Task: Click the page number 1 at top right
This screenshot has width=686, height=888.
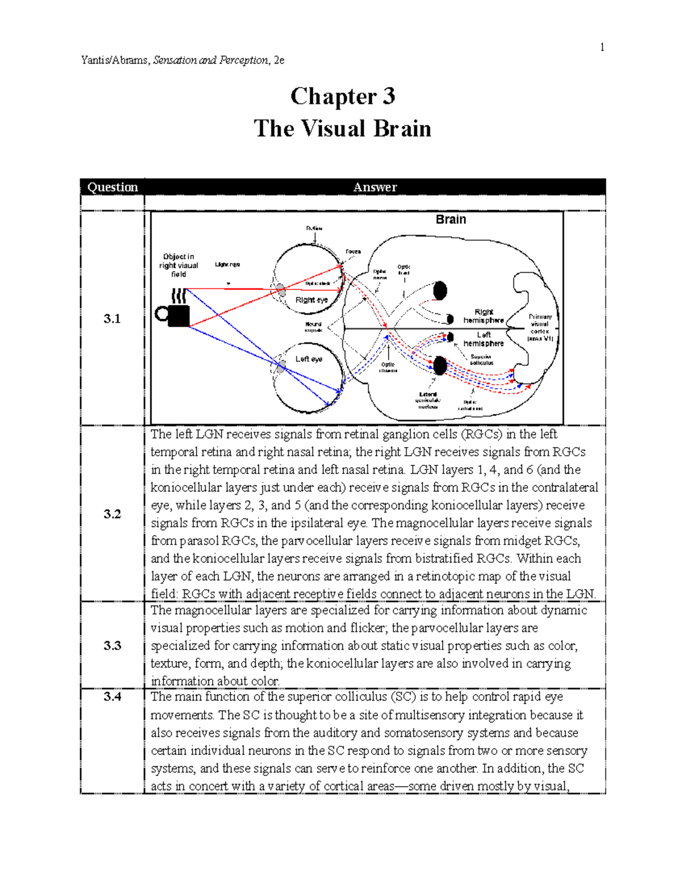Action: [602, 47]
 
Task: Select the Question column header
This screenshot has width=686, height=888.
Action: [112, 187]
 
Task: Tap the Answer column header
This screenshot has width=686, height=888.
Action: [374, 187]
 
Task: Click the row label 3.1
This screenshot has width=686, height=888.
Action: [112, 319]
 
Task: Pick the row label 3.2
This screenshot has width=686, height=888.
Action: [112, 514]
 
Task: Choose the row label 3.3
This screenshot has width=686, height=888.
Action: [112, 646]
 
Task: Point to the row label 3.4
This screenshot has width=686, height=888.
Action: [112, 696]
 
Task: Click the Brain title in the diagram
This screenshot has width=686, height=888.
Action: [450, 220]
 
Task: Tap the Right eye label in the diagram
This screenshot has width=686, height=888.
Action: [312, 300]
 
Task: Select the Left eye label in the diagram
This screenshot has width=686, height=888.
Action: [309, 359]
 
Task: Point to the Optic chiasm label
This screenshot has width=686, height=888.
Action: [388, 367]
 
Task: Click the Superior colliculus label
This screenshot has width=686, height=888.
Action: [481, 360]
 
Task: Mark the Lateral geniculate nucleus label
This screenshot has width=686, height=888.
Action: [428, 400]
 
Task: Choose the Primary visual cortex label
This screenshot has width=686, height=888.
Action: [540, 327]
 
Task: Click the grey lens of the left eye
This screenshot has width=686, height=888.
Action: [280, 366]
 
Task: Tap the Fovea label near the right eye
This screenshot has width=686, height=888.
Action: [353, 252]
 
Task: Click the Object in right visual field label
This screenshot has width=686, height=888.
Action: [179, 265]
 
